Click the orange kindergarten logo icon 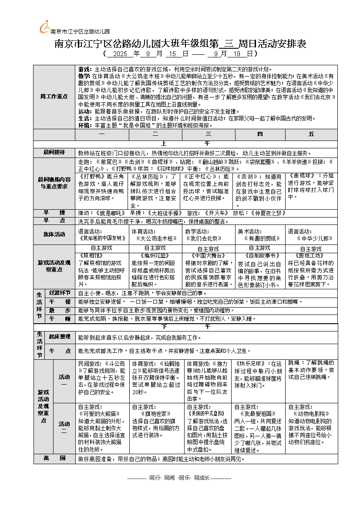click(44, 27)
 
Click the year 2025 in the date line click(119, 54)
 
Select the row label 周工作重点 click(54, 96)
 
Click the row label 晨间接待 click(54, 152)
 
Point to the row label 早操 click(54, 213)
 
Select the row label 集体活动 click(54, 234)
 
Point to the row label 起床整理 click(60, 337)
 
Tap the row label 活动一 click(64, 380)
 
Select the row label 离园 click(54, 459)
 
